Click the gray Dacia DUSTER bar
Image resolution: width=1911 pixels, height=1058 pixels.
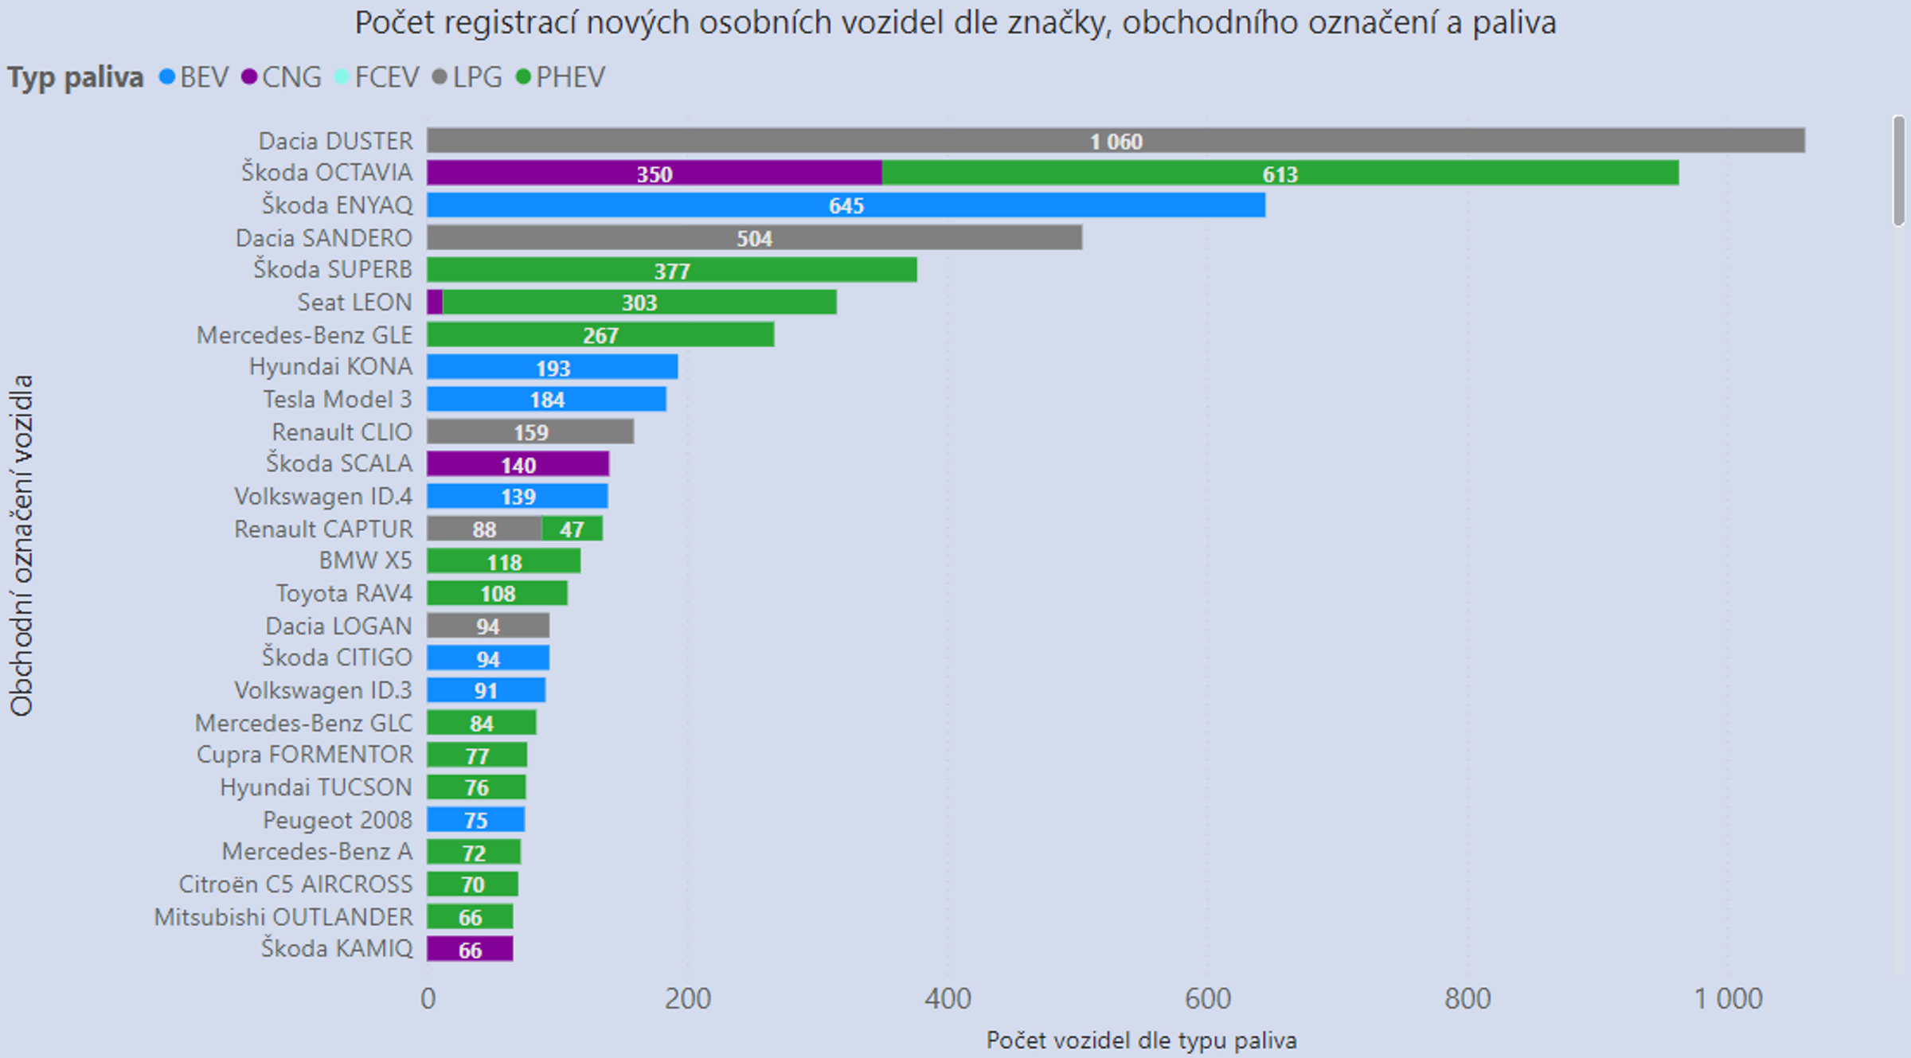[1115, 141]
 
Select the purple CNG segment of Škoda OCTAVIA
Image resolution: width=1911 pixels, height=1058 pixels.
[654, 174]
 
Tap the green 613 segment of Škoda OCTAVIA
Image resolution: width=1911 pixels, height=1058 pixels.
[1280, 174]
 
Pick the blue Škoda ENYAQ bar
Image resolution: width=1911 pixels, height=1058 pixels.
[846, 205]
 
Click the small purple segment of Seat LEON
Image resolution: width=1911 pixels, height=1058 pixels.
[435, 303]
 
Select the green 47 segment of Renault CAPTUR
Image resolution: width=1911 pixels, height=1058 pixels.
[572, 529]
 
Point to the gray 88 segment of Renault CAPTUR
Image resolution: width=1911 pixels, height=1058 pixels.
[484, 529]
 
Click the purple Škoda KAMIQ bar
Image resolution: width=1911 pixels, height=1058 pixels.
[470, 949]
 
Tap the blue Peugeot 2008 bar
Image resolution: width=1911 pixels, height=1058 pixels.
[475, 820]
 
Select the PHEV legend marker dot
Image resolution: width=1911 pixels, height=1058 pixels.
[523, 77]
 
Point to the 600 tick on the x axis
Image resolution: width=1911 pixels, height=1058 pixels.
[1208, 998]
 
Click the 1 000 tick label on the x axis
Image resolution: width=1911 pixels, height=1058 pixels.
[1728, 998]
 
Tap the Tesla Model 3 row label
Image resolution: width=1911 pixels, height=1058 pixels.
[338, 399]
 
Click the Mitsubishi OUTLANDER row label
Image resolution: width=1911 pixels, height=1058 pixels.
[283, 917]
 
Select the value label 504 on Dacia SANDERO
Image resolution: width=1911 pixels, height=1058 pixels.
[754, 238]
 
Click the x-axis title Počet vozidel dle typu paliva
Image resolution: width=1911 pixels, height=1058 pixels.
[1141, 1040]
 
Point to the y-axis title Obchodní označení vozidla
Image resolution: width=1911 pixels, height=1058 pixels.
[21, 545]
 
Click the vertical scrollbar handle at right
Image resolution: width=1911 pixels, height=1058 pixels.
[1899, 171]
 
